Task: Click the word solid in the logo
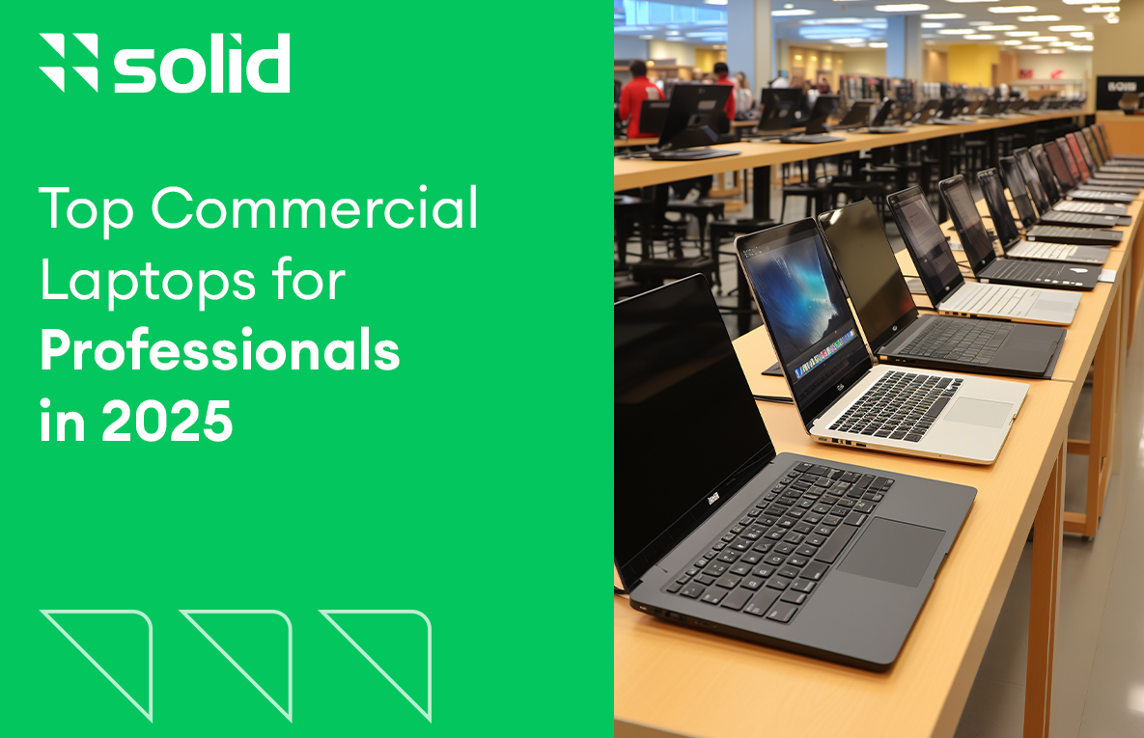click(202, 64)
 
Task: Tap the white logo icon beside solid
click(69, 64)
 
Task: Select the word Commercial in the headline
click(315, 209)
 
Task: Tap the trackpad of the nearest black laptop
click(891, 552)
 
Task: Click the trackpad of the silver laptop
click(979, 413)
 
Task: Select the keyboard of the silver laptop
click(895, 405)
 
